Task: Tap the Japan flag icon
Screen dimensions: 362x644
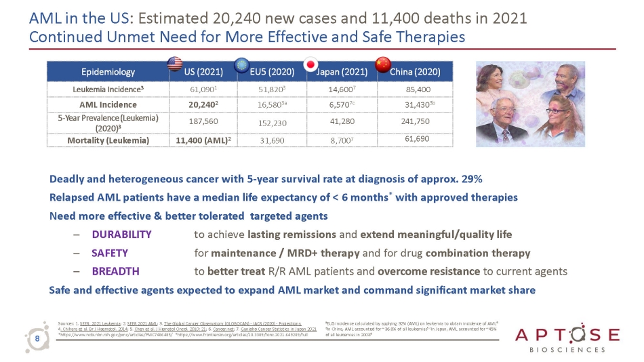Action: click(311, 64)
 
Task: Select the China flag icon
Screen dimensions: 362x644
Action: click(383, 64)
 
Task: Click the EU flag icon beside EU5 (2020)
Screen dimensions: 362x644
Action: click(240, 64)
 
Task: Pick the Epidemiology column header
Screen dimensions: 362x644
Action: click(108, 71)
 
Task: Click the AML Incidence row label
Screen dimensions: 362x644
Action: click(108, 104)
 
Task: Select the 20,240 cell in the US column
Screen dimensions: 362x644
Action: click(201, 104)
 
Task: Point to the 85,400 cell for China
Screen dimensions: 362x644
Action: click(417, 89)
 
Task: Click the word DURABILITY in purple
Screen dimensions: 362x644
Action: click(121, 235)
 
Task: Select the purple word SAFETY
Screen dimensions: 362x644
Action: click(110, 253)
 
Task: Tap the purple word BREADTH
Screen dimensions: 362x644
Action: click(115, 271)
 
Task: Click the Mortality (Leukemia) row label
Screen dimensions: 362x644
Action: click(108, 140)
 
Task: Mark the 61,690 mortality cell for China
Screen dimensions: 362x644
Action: click(417, 139)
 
